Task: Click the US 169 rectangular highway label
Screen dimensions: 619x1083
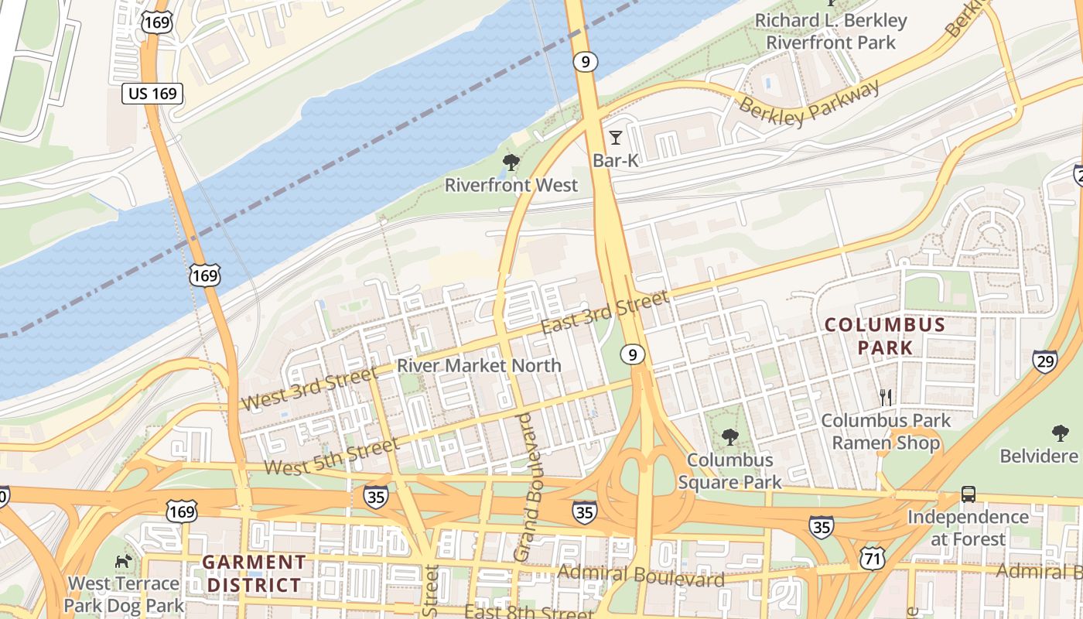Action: pyautogui.click(x=152, y=94)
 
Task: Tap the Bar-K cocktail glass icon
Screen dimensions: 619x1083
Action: pyautogui.click(x=615, y=138)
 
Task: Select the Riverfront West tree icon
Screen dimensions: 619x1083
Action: pyautogui.click(x=511, y=162)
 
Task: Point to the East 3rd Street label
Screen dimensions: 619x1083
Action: pyautogui.click(x=604, y=313)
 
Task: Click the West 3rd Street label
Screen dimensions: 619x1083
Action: pyautogui.click(x=309, y=389)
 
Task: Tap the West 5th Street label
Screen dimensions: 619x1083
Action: pyautogui.click(x=332, y=457)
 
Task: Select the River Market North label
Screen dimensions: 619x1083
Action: pyautogui.click(x=479, y=365)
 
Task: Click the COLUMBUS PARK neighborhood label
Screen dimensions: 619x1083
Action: pyautogui.click(x=885, y=336)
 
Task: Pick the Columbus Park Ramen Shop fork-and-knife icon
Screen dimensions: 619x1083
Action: pyautogui.click(x=886, y=398)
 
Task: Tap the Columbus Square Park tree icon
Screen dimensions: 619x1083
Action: pyautogui.click(x=729, y=437)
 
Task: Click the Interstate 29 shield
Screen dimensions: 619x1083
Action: pyautogui.click(x=1044, y=361)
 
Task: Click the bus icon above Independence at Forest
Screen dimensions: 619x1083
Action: pyautogui.click(x=968, y=494)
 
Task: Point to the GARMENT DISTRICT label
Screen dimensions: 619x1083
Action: pyautogui.click(x=254, y=573)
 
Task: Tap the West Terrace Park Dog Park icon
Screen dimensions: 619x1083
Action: pyautogui.click(x=122, y=560)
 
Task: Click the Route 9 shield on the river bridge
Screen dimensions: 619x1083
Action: pyautogui.click(x=586, y=61)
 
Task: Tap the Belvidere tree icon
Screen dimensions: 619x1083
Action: pyautogui.click(x=1060, y=433)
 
